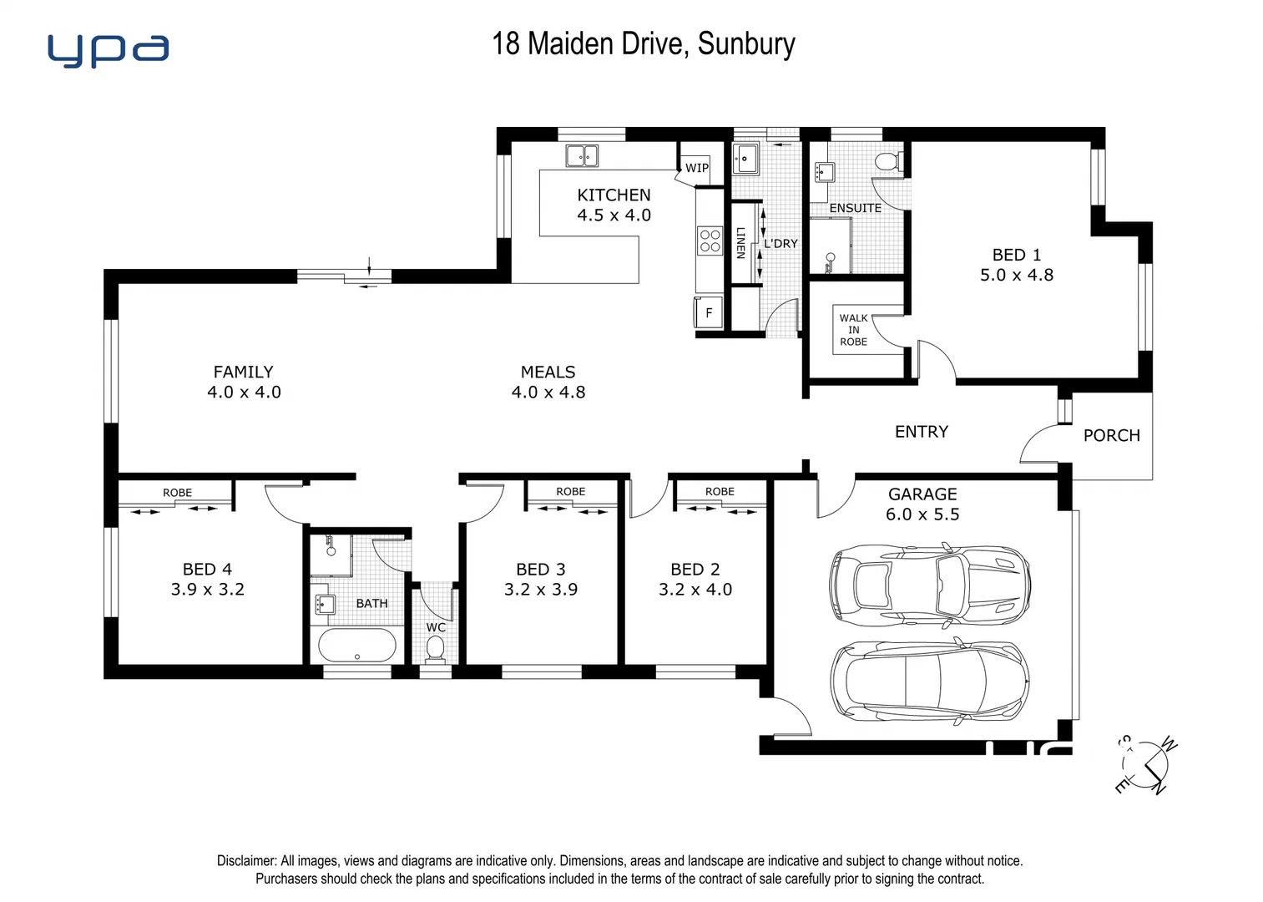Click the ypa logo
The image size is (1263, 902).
pyautogui.click(x=109, y=50)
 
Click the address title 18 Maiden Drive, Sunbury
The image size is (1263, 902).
pyautogui.click(x=643, y=43)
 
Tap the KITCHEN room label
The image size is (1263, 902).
pyautogui.click(x=614, y=195)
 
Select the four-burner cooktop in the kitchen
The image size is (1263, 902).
pyautogui.click(x=710, y=241)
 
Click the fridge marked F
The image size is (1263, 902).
pyautogui.click(x=709, y=313)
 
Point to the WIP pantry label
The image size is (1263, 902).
pyautogui.click(x=697, y=168)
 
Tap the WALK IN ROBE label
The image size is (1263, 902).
pyautogui.click(x=853, y=330)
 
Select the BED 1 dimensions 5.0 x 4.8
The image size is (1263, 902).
pyautogui.click(x=1016, y=275)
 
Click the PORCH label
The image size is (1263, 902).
pyautogui.click(x=1111, y=435)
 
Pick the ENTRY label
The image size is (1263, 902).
pyautogui.click(x=922, y=432)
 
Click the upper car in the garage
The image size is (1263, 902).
pyautogui.click(x=929, y=584)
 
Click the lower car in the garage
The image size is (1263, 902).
pyautogui.click(x=929, y=681)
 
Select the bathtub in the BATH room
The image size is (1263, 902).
pyautogui.click(x=357, y=646)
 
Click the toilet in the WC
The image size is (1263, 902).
pyautogui.click(x=435, y=648)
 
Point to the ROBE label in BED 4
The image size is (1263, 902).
pyautogui.click(x=177, y=493)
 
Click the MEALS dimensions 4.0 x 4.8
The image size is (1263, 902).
pyautogui.click(x=548, y=392)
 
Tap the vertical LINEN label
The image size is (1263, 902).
pyautogui.click(x=740, y=242)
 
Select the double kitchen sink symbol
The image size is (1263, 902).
pyautogui.click(x=582, y=155)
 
